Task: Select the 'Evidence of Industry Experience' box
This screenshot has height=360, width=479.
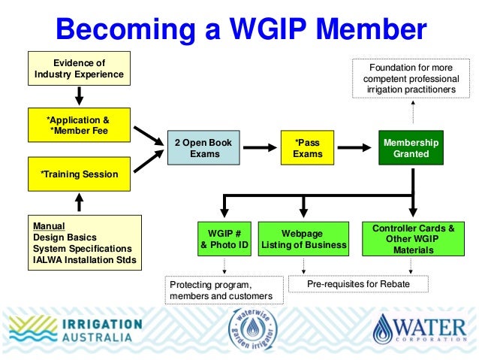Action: coord(79,68)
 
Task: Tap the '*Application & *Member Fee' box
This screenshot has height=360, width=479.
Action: coord(79,126)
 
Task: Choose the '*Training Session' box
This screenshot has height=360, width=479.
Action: coord(79,174)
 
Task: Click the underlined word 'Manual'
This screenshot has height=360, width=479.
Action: coord(49,225)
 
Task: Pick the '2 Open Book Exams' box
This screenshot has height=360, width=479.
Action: coord(203,148)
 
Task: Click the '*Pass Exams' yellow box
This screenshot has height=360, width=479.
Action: coord(306,148)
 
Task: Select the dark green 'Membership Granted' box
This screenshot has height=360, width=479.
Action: coord(411,148)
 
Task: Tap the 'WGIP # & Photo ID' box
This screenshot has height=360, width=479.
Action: coord(223,238)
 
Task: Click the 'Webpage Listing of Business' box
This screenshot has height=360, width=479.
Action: coord(303,239)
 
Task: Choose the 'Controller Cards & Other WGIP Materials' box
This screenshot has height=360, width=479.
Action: coord(413,239)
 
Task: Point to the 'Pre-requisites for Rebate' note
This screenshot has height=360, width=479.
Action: coord(357,284)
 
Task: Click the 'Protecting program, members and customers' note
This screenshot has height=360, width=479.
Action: coord(224,290)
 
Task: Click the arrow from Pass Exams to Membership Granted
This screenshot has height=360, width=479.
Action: coord(353,148)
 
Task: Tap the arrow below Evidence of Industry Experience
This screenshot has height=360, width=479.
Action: coord(79,95)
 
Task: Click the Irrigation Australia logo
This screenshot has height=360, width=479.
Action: coord(75,331)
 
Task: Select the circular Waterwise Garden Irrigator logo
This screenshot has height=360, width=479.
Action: coord(252,331)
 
